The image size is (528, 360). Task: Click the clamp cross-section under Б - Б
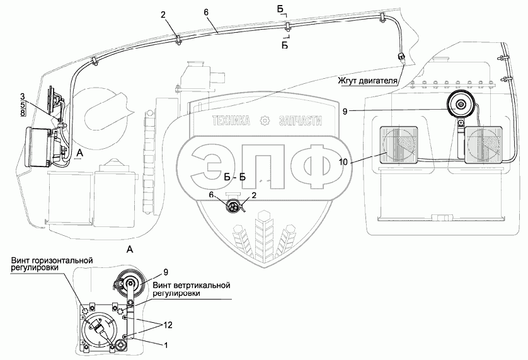[234, 206]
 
